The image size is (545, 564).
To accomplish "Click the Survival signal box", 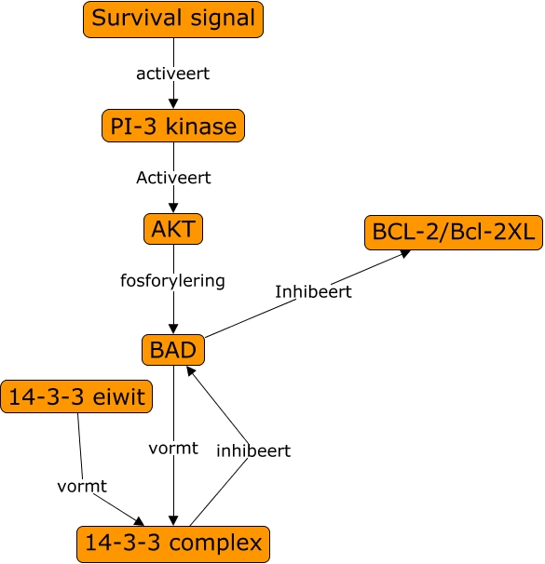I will (173, 20).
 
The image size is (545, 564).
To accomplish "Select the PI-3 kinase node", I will (173, 126).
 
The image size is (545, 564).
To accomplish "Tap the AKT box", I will (173, 228).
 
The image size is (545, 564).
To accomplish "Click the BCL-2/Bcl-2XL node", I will (453, 233).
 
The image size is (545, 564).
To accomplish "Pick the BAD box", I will (173, 350).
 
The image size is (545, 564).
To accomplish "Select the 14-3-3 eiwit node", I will (77, 396).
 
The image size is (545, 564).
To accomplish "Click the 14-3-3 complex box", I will (173, 543).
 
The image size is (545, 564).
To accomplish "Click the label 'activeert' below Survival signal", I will (173, 74).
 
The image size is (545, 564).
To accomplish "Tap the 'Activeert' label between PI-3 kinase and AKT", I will (173, 177).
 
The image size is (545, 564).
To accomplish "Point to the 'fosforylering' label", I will (173, 280).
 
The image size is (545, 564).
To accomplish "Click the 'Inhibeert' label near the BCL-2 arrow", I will (313, 291).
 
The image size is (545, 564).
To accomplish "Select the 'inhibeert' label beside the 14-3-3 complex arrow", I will (253, 450).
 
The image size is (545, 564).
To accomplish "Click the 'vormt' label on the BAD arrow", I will (173, 448).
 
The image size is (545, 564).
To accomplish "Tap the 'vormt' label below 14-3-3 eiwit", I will (82, 486).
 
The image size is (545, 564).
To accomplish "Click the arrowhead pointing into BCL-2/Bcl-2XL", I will (407, 253).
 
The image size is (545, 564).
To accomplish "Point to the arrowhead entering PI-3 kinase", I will (173, 104).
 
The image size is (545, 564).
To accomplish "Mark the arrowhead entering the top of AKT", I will (173, 208).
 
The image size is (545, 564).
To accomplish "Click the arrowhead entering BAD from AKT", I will (173, 329).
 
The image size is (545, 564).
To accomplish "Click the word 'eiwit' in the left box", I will (119, 397).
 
